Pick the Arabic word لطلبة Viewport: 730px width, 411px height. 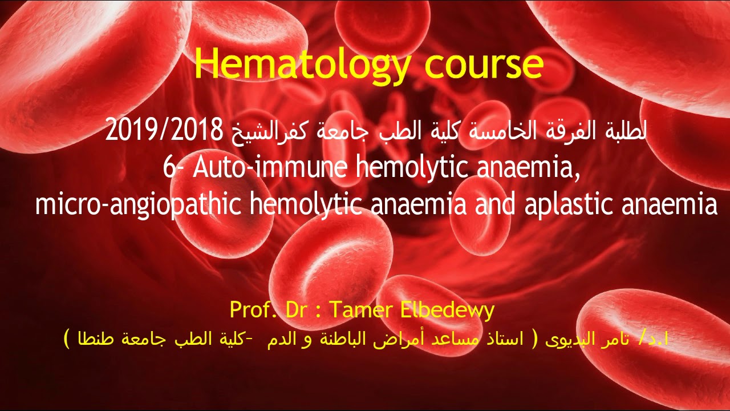tap(622, 132)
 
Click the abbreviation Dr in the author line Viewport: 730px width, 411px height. tap(296, 310)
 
